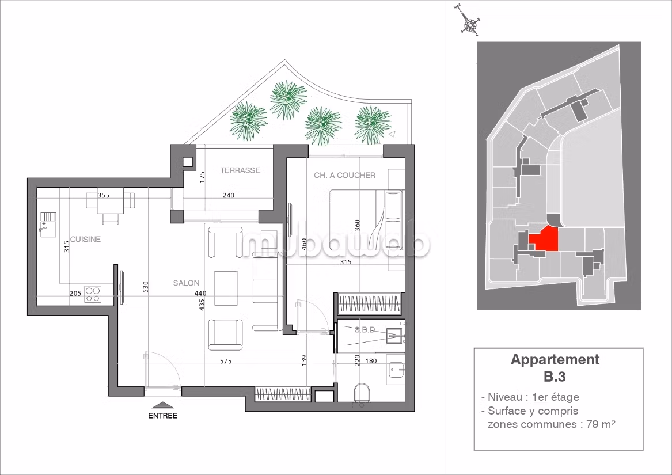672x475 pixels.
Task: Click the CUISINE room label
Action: point(85,239)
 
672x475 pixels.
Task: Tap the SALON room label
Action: point(186,283)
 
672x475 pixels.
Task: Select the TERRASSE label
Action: point(240,170)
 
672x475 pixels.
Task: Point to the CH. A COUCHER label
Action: point(344,176)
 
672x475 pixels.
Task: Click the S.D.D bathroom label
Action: point(365,330)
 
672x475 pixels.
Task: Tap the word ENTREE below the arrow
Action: point(163,416)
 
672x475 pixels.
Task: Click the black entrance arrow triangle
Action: point(163,405)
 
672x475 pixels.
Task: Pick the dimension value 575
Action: point(226,361)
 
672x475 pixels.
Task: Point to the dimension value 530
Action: point(145,287)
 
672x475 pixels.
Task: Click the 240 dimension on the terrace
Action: point(229,196)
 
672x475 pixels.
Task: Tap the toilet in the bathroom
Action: point(363,393)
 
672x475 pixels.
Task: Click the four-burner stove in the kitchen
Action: point(93,294)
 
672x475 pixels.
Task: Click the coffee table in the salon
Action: point(226,288)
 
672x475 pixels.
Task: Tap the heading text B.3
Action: point(555,377)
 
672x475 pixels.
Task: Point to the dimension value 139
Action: point(304,360)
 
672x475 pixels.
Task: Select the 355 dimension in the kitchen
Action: point(104,196)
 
